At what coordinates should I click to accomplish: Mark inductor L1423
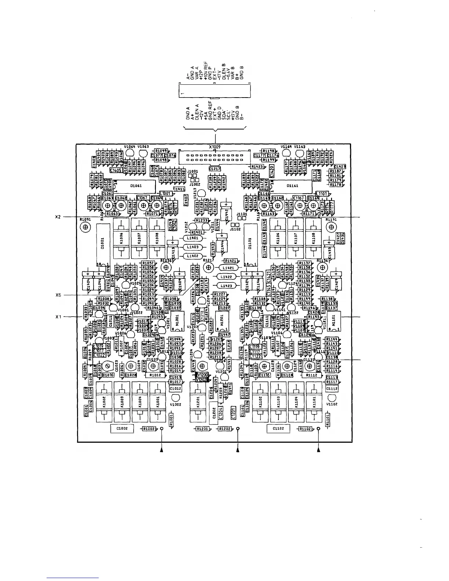[227, 285]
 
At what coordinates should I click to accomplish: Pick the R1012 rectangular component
[156, 375]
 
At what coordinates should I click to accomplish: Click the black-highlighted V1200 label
[202, 375]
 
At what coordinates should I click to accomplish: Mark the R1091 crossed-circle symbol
[85, 227]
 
